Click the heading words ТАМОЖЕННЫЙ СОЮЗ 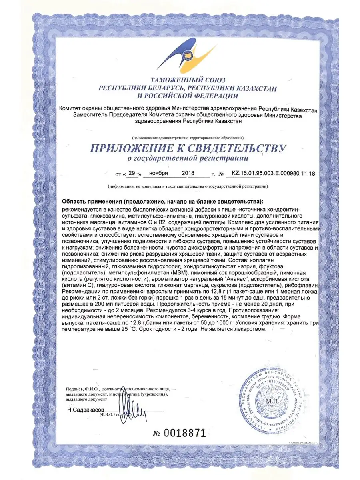click(x=187, y=80)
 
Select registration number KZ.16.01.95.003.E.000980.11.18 click(x=271, y=174)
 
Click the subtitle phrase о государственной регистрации click(x=187, y=159)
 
